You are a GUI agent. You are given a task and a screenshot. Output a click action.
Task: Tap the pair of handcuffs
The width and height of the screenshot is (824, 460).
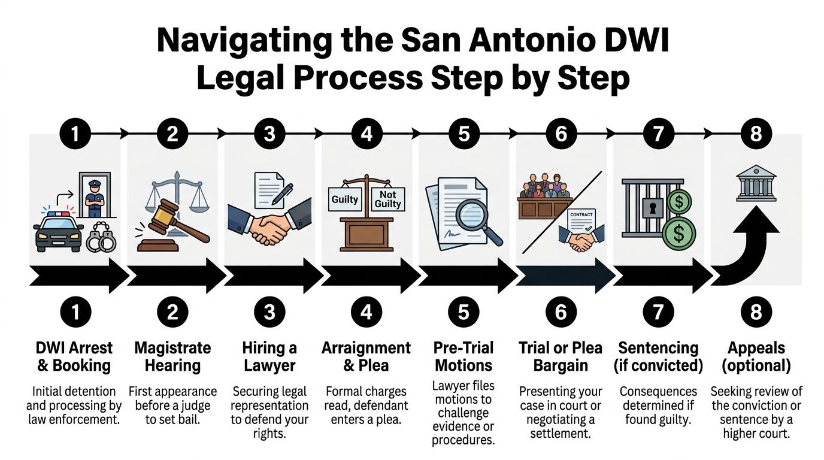(102, 239)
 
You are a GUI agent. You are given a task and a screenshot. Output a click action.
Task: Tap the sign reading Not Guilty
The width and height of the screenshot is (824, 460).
(387, 199)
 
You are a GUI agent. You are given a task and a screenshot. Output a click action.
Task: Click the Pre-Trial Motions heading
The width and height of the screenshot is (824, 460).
(463, 356)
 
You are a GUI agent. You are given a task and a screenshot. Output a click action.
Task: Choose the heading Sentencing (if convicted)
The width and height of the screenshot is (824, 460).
(658, 356)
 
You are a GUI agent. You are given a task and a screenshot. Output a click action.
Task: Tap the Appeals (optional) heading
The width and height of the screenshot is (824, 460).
(756, 356)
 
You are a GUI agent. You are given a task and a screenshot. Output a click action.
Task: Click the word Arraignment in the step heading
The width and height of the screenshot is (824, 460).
(366, 348)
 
